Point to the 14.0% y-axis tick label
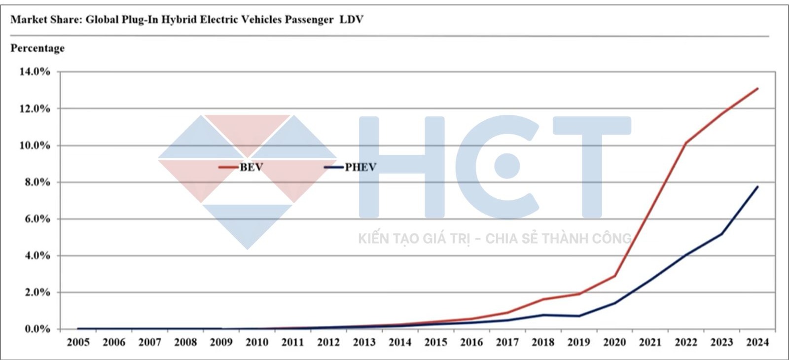35,72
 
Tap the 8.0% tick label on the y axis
37,182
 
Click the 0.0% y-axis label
37,329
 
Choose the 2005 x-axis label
78,342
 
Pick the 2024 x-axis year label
757,342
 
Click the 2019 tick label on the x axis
578,342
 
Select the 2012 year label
328,342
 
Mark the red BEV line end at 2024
757,89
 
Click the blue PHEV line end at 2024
757,187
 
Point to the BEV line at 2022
686,143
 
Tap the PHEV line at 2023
721,234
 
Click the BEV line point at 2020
614,276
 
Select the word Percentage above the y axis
37,48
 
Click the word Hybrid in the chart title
179,20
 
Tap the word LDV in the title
352,20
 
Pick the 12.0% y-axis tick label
35,108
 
